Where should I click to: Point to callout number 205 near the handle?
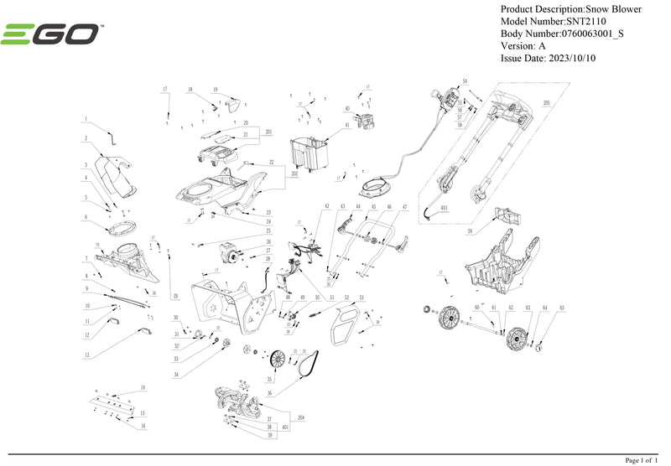click(x=546, y=103)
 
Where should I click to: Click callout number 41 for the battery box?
click(x=346, y=125)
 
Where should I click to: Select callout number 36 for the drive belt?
click(x=269, y=391)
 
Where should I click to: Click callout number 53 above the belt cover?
click(x=361, y=298)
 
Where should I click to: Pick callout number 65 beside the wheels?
click(x=562, y=308)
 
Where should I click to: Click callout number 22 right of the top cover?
click(x=271, y=162)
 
